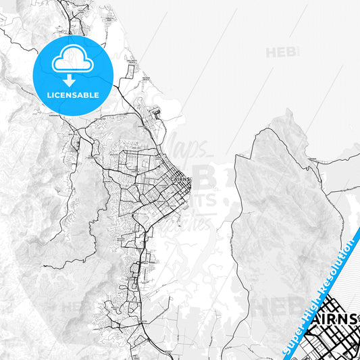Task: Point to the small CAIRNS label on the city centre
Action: (x=181, y=179)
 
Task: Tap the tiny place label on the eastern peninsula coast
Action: (x=312, y=159)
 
